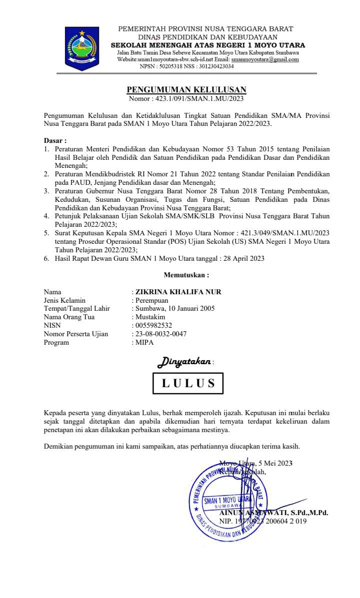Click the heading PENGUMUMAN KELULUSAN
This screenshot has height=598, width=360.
click(186, 89)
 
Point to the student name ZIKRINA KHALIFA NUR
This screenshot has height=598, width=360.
click(178, 292)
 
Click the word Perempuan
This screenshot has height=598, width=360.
click(152, 300)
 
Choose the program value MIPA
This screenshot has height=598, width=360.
click(144, 342)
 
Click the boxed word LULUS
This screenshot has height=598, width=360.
click(188, 383)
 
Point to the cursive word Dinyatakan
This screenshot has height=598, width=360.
click(184, 361)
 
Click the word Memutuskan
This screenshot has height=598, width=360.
click(186, 275)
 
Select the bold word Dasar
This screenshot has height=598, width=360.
click(54, 141)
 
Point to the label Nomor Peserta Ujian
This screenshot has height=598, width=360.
click(75, 334)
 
